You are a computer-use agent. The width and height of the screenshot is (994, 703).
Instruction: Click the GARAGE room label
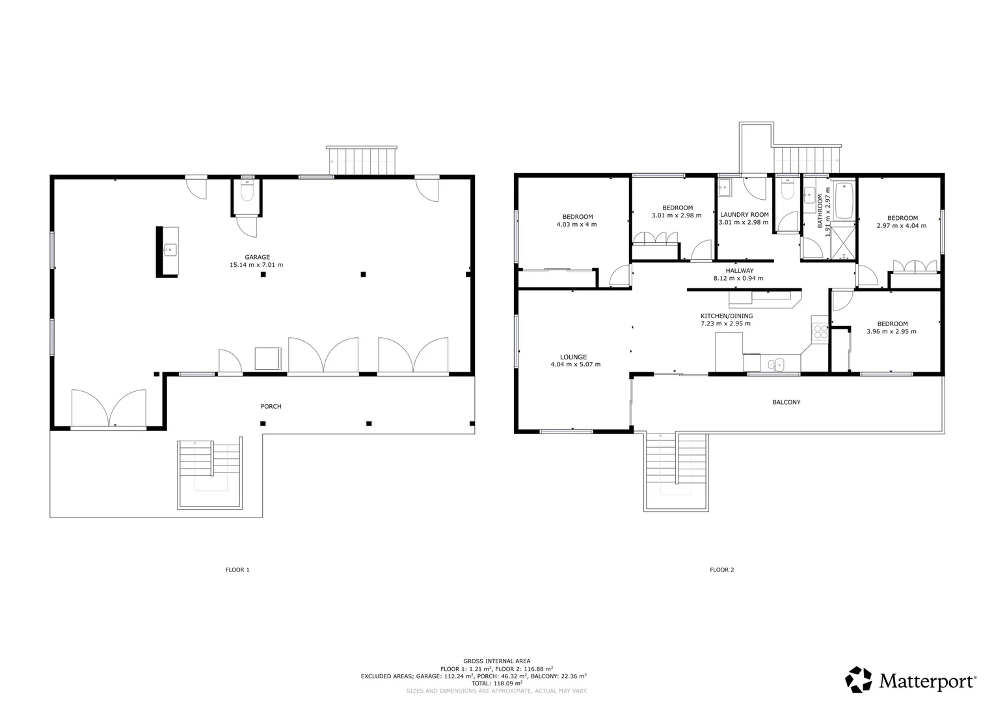pyautogui.click(x=257, y=257)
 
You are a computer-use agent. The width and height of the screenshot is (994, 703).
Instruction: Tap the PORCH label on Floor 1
pyautogui.click(x=271, y=406)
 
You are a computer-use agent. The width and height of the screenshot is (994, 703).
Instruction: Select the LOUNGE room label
pyautogui.click(x=573, y=357)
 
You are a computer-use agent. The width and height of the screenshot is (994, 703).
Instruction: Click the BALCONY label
pyautogui.click(x=786, y=402)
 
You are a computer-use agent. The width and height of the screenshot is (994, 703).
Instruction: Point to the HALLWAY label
pyautogui.click(x=739, y=270)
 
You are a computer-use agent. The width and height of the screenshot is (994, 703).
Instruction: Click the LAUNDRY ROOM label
pyautogui.click(x=744, y=214)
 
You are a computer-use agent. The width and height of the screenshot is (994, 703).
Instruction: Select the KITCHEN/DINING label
pyautogui.click(x=726, y=316)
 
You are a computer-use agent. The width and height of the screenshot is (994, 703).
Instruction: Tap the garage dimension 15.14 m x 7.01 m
pyautogui.click(x=256, y=265)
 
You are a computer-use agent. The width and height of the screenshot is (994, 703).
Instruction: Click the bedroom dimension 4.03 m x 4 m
pyautogui.click(x=576, y=225)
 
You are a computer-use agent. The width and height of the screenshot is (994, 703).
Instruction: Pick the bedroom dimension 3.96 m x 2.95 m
pyautogui.click(x=891, y=331)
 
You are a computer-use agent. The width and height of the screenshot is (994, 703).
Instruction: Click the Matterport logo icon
pyautogui.click(x=859, y=680)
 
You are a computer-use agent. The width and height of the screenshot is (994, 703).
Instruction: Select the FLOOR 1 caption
pyautogui.click(x=237, y=570)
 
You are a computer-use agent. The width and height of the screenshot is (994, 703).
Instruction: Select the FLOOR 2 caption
pyautogui.click(x=721, y=570)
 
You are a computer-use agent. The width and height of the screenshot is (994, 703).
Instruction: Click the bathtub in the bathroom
pyautogui.click(x=844, y=200)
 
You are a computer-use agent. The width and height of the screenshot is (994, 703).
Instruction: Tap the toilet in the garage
pyautogui.click(x=247, y=192)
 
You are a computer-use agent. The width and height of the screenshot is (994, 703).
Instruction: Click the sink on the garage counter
pyautogui.click(x=169, y=249)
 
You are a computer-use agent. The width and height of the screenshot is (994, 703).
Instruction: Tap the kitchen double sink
pyautogui.click(x=775, y=364)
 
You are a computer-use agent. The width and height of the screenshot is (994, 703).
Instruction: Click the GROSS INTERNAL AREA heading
pyautogui.click(x=496, y=661)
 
